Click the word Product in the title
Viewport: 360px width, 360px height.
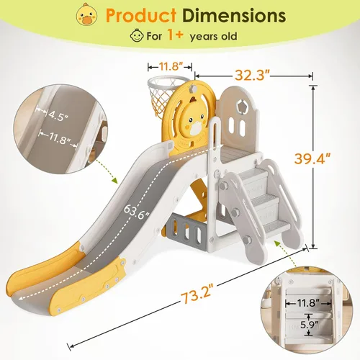141,16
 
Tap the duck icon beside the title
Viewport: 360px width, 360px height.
87,14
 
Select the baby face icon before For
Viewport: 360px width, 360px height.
137,35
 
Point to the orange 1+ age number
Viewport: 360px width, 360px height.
176,35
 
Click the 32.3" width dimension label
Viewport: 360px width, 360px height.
253,76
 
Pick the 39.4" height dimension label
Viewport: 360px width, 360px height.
312,158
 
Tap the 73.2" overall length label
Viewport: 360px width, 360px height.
197,294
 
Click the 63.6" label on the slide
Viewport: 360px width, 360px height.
137,212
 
